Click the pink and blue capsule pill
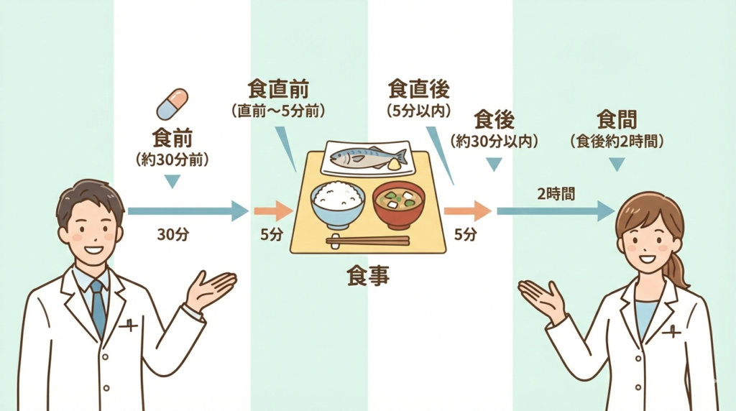[172, 104]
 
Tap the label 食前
[172, 137]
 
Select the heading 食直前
[278, 89]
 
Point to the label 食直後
[419, 89]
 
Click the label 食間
[617, 119]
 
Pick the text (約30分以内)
[494, 142]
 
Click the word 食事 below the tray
[367, 276]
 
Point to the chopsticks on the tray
[367, 241]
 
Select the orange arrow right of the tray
[467, 211]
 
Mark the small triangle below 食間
[617, 164]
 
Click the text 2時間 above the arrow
[556, 193]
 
